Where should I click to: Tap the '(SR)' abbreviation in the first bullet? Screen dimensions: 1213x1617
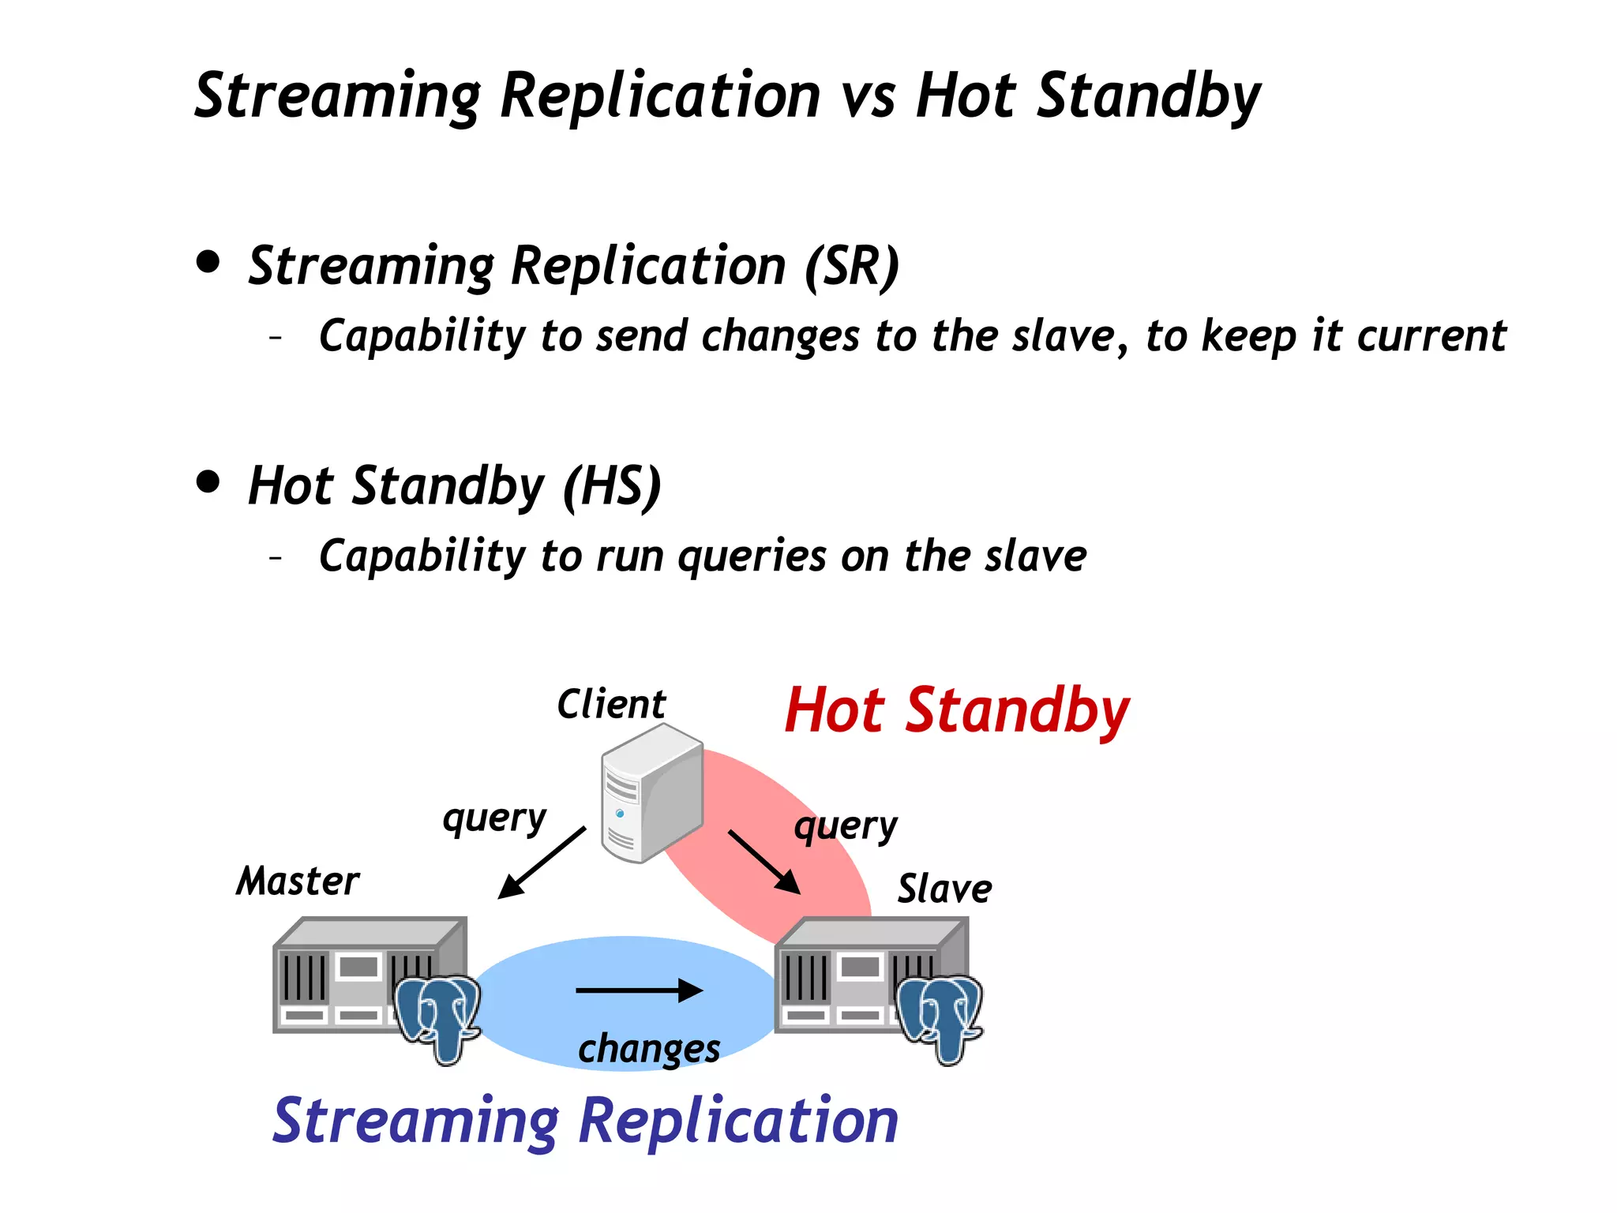tap(852, 267)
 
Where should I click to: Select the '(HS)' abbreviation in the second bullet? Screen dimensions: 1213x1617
tap(612, 487)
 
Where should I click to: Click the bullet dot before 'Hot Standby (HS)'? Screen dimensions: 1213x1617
tap(208, 481)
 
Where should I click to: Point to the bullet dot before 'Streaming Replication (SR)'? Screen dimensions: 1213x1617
tap(208, 261)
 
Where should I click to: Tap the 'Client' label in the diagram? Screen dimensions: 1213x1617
tap(611, 704)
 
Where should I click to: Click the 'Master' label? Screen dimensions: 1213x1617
tap(298, 881)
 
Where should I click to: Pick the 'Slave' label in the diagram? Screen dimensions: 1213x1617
tap(944, 889)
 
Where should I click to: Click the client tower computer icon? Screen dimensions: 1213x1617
tap(651, 793)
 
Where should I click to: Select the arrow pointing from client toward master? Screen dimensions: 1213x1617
tap(542, 862)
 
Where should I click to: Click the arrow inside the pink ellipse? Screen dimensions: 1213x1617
tap(763, 862)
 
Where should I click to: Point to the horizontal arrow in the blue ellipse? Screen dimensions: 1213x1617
tap(639, 990)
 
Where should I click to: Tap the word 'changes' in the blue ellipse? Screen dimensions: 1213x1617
tap(649, 1049)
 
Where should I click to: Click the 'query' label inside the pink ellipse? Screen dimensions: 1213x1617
tap(846, 827)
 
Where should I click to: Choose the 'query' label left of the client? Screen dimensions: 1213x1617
tap(494, 819)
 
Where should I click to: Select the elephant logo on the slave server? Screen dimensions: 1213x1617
tap(940, 1018)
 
